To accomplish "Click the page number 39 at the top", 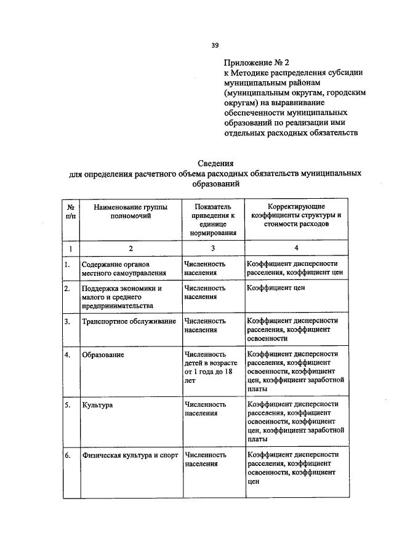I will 215,44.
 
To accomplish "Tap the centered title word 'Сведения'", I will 215,163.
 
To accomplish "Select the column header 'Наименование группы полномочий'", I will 131,212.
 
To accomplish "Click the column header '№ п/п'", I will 71,212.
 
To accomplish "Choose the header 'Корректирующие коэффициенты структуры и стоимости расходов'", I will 296,216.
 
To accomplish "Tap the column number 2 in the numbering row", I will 131,248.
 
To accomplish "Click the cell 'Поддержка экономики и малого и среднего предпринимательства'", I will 123,297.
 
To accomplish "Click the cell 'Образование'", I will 103,355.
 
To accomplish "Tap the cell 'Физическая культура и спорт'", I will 129,455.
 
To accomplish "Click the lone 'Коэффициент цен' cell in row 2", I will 277,288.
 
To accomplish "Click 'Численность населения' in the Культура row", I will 205,409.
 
